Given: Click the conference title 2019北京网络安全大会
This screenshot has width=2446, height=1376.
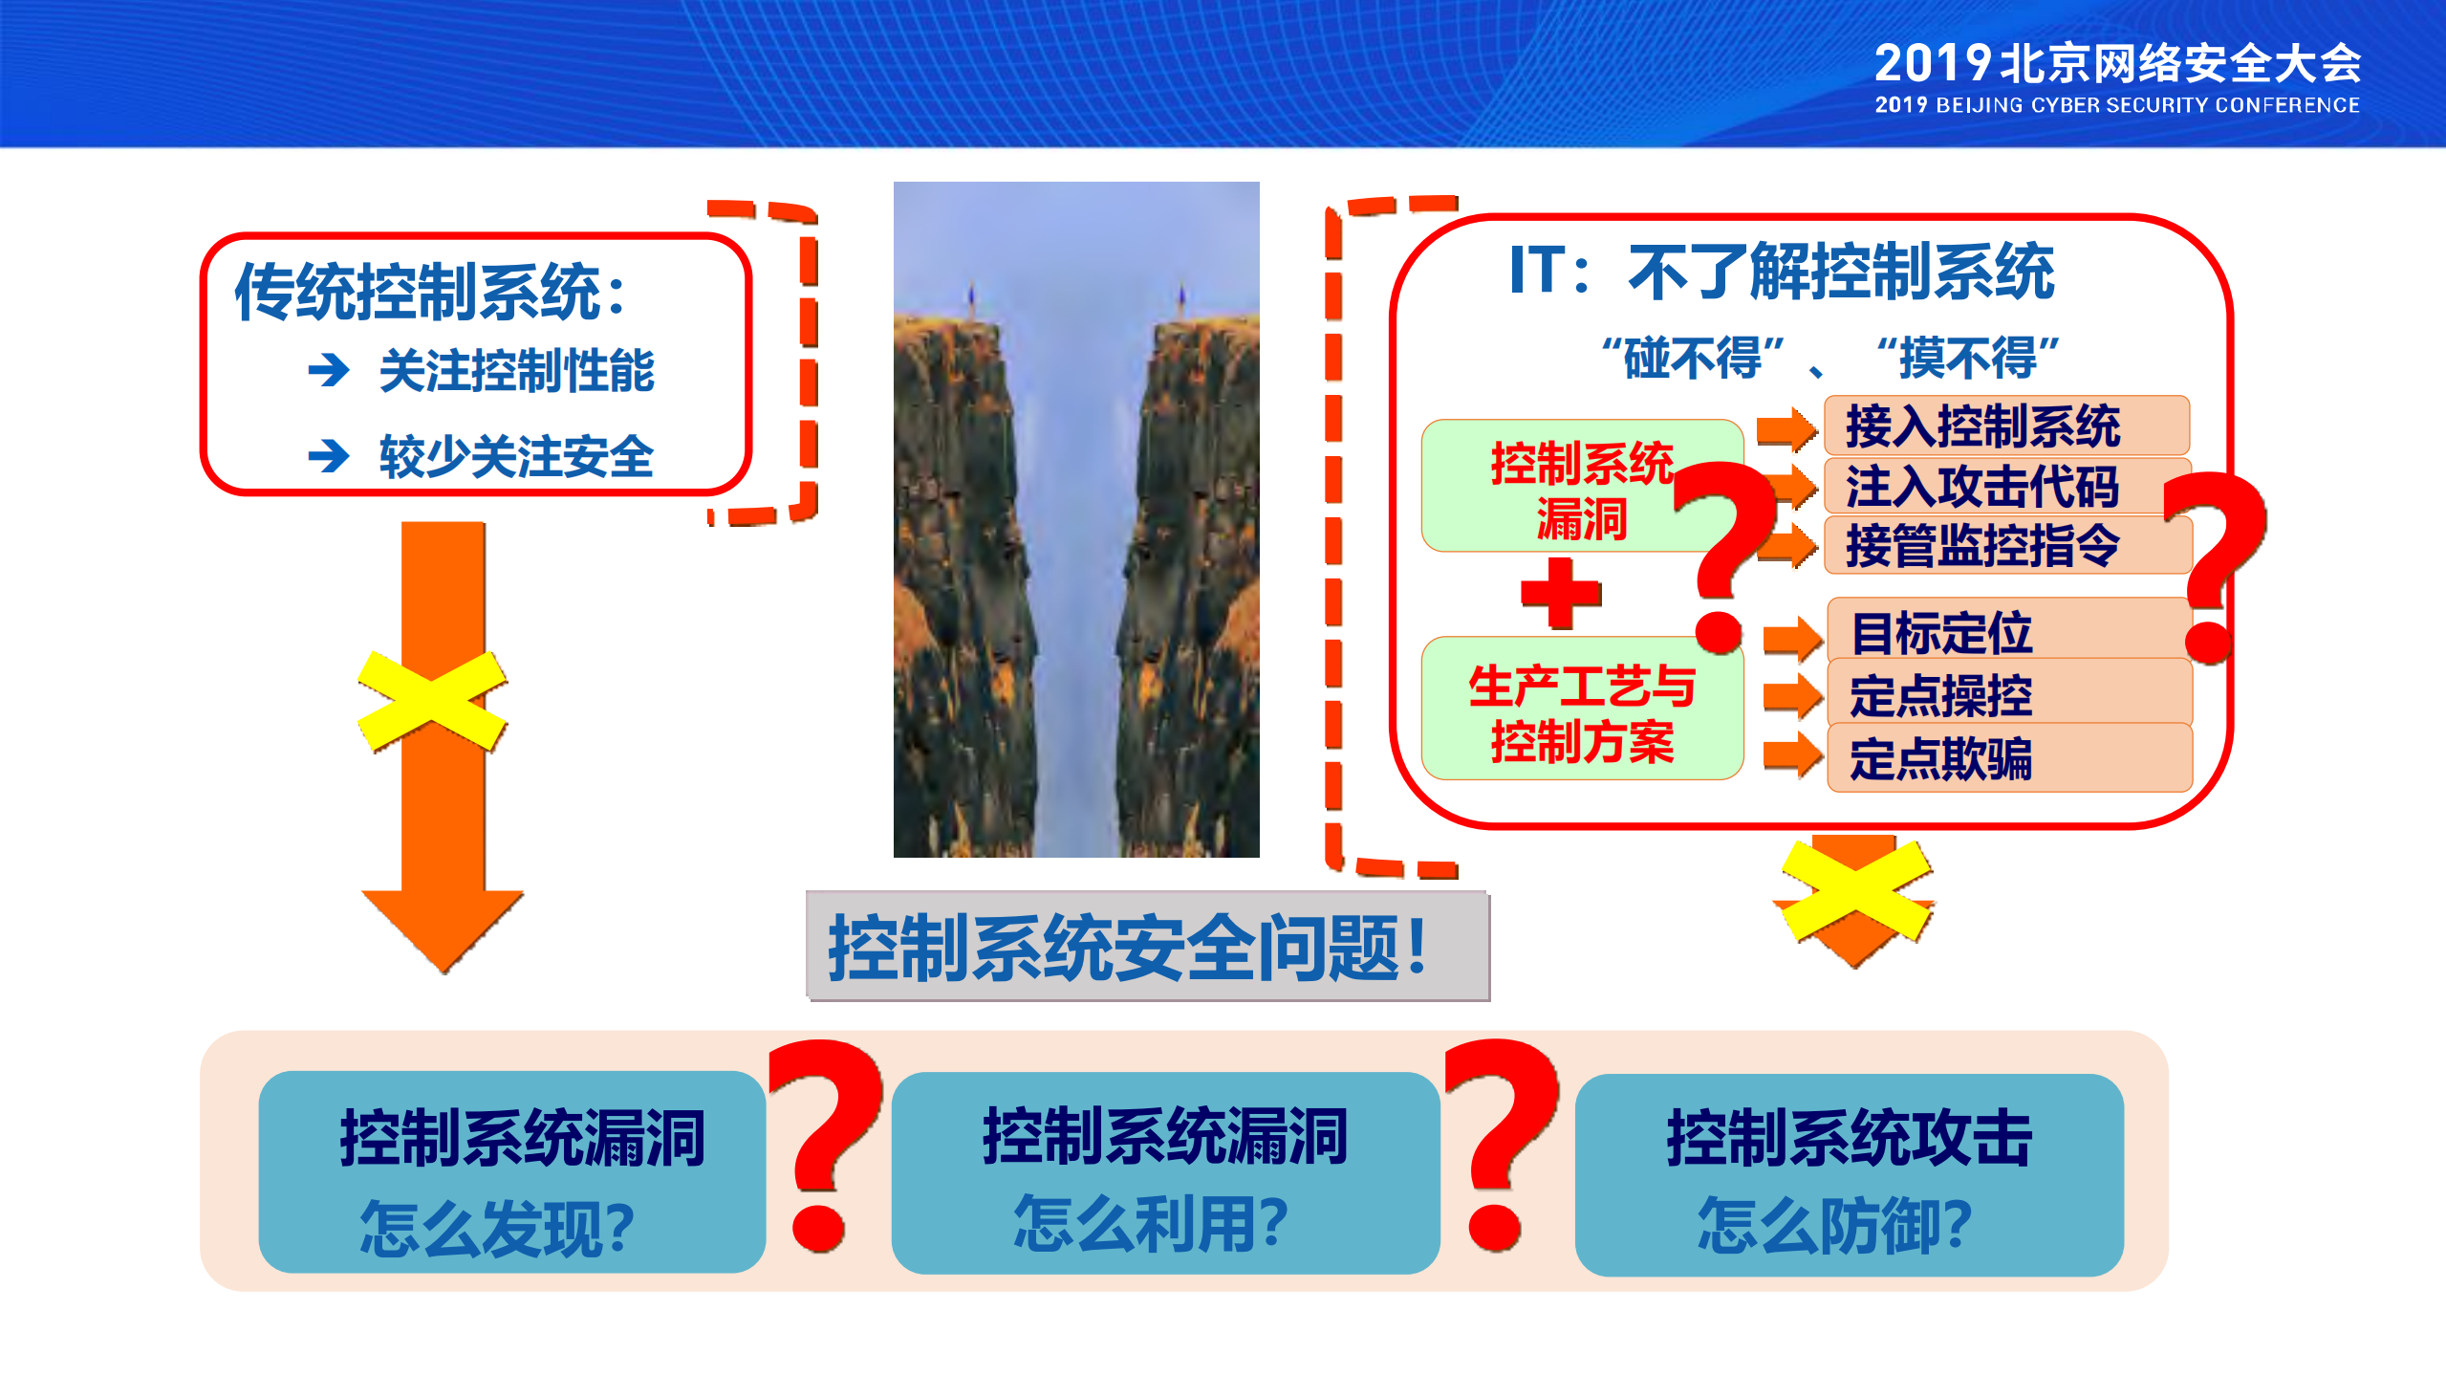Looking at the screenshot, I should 2116,63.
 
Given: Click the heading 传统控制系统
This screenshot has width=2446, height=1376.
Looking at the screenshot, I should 430,291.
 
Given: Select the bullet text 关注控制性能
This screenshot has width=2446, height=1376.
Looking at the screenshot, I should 516,371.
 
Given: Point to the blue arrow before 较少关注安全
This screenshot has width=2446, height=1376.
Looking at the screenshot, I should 329,455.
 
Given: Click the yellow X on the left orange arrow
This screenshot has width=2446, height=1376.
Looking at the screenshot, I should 432,702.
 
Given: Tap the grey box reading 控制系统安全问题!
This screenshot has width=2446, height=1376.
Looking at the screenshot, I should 1147,947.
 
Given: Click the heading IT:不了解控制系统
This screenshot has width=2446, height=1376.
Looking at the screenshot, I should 1782,272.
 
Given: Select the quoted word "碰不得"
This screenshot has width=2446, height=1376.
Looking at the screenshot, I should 1692,358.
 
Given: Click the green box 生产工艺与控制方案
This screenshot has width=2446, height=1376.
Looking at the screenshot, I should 1581,711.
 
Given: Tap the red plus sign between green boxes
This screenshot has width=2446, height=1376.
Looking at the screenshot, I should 1560,593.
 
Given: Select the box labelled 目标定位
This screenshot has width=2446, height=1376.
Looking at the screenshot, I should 2007,632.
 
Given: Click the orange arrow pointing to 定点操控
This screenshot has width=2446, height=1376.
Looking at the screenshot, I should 1791,695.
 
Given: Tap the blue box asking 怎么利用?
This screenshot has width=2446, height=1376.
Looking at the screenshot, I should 1164,1174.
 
